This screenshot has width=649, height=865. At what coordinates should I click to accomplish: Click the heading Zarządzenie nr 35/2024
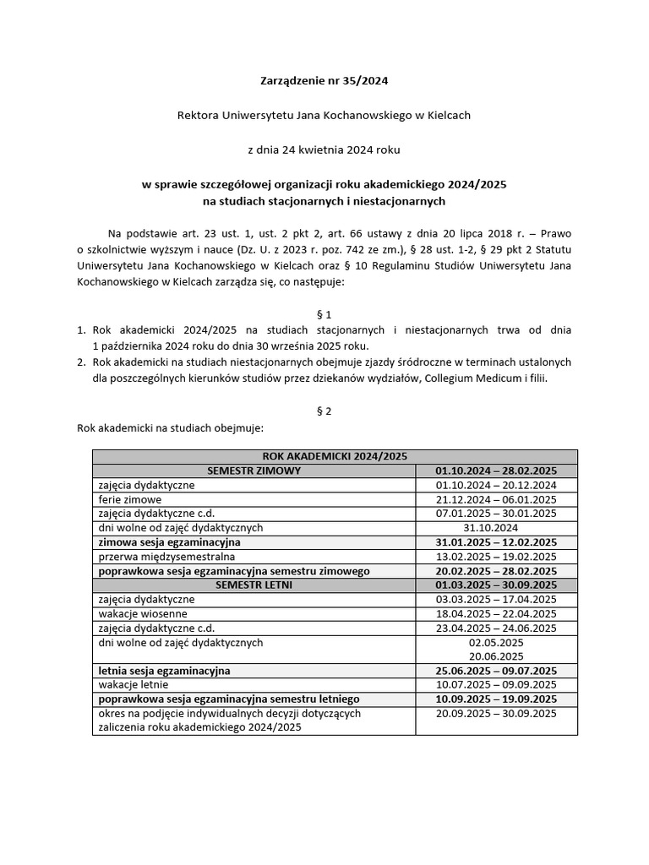pyautogui.click(x=324, y=82)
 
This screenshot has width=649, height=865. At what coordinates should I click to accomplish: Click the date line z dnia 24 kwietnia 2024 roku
pyautogui.click(x=324, y=150)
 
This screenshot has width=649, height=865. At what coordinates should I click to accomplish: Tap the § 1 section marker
pyautogui.click(x=324, y=313)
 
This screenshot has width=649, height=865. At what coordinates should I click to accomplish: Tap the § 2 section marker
pyautogui.click(x=324, y=411)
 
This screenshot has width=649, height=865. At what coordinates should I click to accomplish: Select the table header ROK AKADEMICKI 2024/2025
pyautogui.click(x=335, y=456)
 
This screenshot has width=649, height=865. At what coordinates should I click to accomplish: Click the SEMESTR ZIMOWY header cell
pyautogui.click(x=254, y=471)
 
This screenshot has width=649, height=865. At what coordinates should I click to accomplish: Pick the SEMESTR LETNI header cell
pyautogui.click(x=254, y=585)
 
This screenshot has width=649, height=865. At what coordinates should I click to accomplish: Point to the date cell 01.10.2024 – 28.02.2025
pyautogui.click(x=496, y=471)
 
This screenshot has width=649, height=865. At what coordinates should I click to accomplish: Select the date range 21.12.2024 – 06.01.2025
pyautogui.click(x=496, y=499)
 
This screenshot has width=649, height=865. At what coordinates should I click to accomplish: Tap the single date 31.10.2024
pyautogui.click(x=496, y=528)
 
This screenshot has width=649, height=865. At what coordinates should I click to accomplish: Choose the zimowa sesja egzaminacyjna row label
pyautogui.click(x=170, y=542)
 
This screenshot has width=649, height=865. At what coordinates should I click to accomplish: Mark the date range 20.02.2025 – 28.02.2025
pyautogui.click(x=496, y=571)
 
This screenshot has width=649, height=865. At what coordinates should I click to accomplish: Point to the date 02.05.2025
pyautogui.click(x=496, y=642)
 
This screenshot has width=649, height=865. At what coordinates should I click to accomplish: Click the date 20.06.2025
pyautogui.click(x=496, y=656)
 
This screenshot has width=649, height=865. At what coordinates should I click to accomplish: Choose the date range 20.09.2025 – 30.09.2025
pyautogui.click(x=496, y=713)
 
